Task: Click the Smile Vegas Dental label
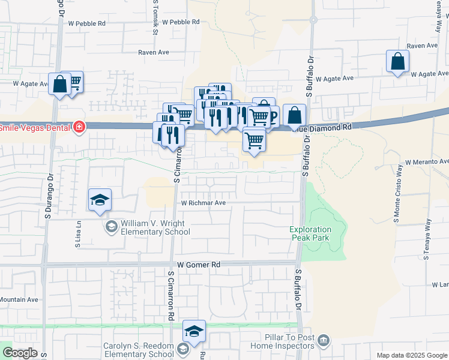click(35, 127)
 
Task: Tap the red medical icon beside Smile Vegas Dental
click(79, 127)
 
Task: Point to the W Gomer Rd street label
click(199, 264)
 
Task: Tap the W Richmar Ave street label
click(203, 203)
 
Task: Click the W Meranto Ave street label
click(427, 162)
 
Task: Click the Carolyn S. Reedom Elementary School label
click(138, 350)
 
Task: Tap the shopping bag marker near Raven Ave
click(397, 61)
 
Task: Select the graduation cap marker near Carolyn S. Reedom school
click(194, 331)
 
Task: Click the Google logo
click(20, 353)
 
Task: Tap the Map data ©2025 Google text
click(411, 355)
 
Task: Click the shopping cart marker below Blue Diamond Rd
click(255, 141)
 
